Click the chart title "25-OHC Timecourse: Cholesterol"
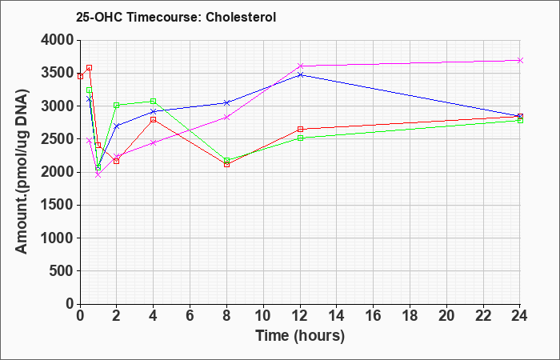(x=176, y=17)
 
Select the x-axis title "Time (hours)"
(x=300, y=336)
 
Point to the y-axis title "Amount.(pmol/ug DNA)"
(x=22, y=171)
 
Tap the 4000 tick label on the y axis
(x=58, y=40)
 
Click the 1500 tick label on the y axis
(x=58, y=205)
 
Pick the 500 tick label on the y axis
(x=62, y=271)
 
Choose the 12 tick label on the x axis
(x=300, y=316)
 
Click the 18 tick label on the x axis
(x=410, y=316)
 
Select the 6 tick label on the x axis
(x=190, y=316)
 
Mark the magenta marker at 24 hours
(x=520, y=60)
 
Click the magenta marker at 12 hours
(x=300, y=66)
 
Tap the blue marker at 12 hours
(x=300, y=74)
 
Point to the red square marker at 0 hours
(x=80, y=77)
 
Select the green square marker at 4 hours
(x=154, y=101)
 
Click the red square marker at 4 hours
(x=154, y=120)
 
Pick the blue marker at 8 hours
(x=226, y=103)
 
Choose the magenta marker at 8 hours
(x=226, y=117)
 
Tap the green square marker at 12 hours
(x=300, y=138)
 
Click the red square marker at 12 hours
(x=300, y=129)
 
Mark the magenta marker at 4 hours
(x=154, y=143)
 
